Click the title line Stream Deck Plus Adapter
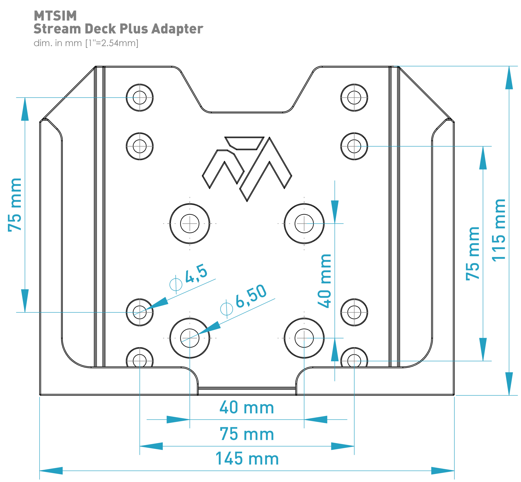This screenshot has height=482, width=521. [x=118, y=29]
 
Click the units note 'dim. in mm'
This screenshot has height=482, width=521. [x=86, y=43]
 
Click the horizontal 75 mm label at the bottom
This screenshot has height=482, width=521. [x=247, y=434]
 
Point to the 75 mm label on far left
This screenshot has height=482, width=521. [x=15, y=205]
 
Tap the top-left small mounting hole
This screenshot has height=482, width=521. [x=140, y=98]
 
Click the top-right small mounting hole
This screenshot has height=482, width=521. [x=354, y=98]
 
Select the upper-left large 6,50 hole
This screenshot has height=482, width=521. [x=190, y=224]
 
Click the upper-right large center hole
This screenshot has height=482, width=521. [x=304, y=224]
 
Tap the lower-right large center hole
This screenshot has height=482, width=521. [x=304, y=338]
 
